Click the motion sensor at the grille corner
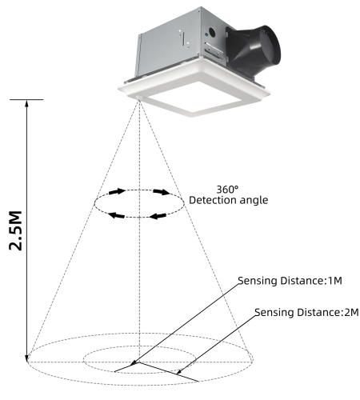coord(142,99)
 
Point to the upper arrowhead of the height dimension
coord(29,105)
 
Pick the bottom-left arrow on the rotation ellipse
coord(116,214)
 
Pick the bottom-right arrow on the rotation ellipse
coord(158,214)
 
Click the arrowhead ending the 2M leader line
coord(189,372)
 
